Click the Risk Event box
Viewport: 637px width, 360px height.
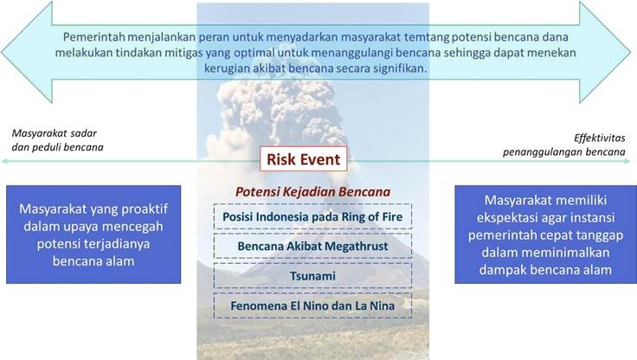tap(304, 158)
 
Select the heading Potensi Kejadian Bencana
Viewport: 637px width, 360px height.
tap(312, 192)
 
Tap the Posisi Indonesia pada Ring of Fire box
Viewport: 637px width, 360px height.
tap(312, 216)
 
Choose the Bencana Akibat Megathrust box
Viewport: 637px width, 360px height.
tap(312, 247)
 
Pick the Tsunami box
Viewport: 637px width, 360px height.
tap(312, 276)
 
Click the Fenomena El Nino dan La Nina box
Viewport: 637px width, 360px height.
tap(312, 305)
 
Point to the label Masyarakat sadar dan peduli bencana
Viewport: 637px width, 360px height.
tap(57, 140)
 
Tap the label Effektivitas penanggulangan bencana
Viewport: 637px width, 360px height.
tap(564, 145)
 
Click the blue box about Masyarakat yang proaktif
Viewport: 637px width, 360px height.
tap(93, 235)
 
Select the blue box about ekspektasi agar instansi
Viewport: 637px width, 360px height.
tap(545, 235)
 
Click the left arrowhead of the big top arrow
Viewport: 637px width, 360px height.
tap(27, 52)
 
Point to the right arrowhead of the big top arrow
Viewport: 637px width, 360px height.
tap(605, 52)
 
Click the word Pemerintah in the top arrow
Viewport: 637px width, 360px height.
tap(94, 37)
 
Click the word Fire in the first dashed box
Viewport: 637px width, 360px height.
tap(391, 216)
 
